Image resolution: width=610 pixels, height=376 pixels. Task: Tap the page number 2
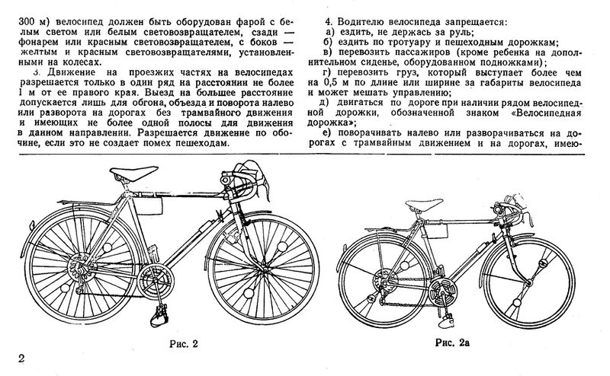coord(8,358)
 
